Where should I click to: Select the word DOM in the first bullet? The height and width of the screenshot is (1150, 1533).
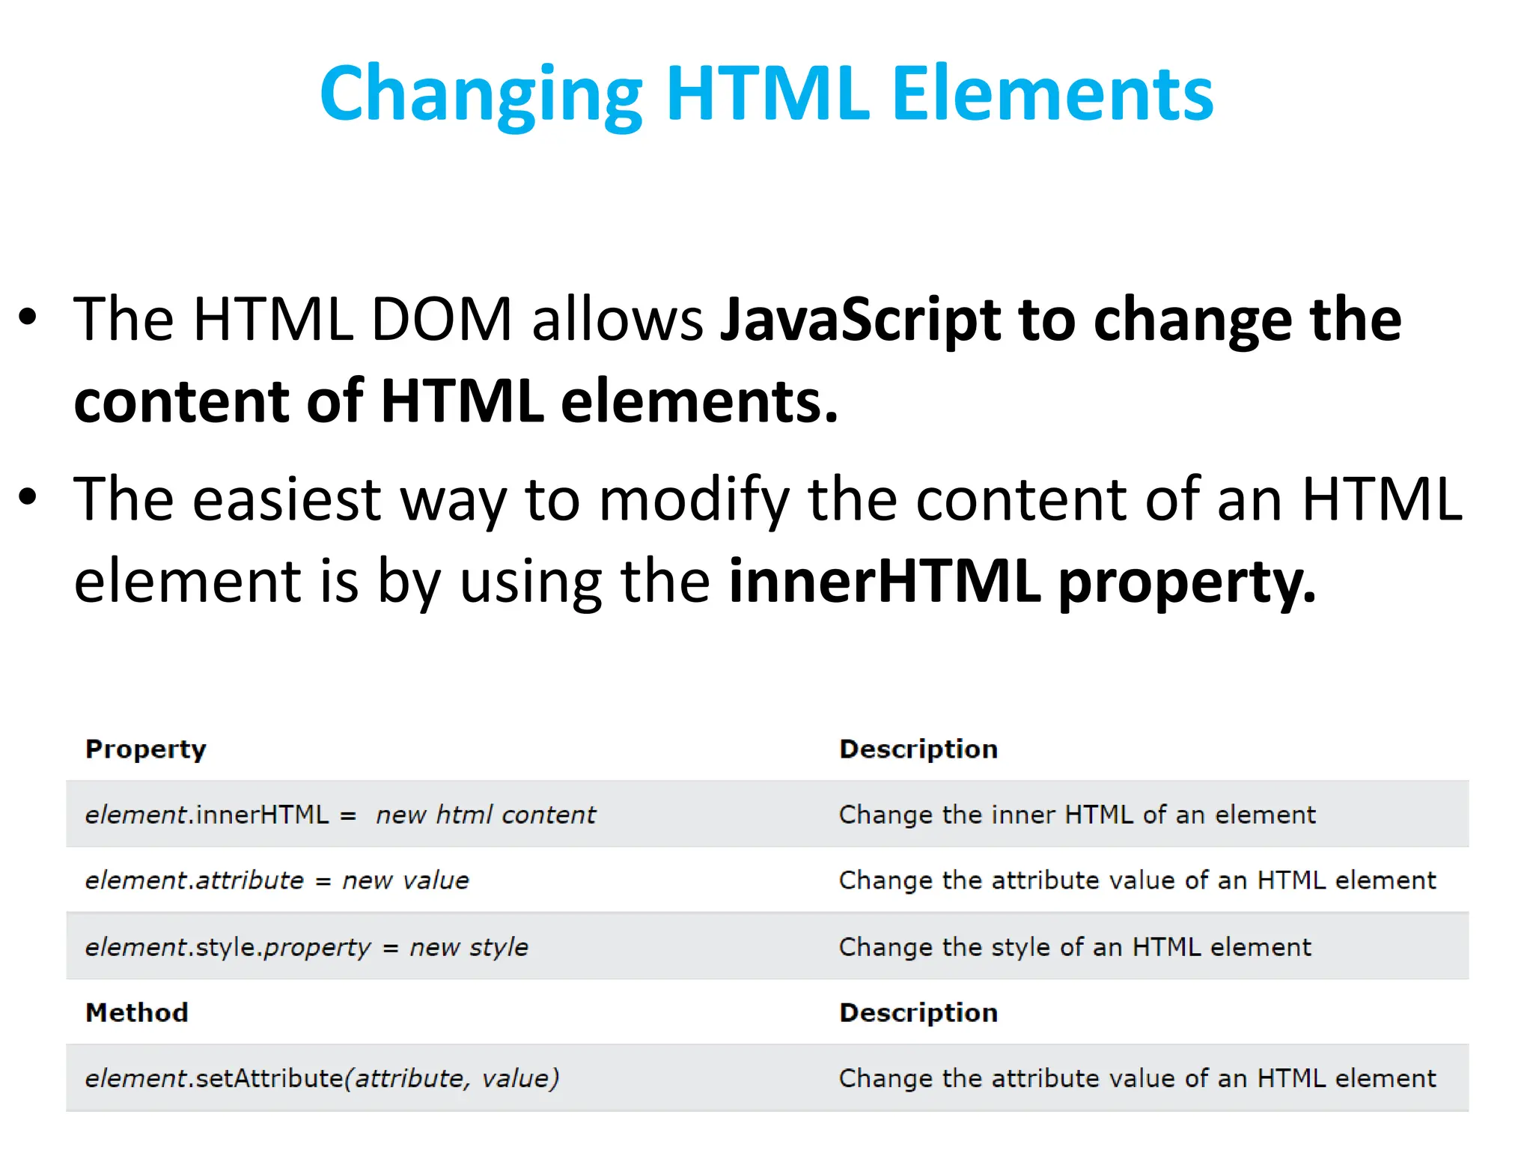coord(442,320)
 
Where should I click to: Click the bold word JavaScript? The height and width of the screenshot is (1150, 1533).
coord(859,320)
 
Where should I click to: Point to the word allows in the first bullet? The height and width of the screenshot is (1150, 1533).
coord(618,320)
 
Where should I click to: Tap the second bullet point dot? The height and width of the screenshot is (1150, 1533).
coord(28,497)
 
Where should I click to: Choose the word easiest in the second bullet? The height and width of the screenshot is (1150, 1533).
coord(287,499)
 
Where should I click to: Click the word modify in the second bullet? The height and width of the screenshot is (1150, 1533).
coord(694,499)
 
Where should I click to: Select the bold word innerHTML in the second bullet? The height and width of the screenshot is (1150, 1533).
coord(885,581)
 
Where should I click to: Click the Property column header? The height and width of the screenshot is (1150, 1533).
coord(146,749)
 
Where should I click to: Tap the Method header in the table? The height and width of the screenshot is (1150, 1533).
coord(137,1013)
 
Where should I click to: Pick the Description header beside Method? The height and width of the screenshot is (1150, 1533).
coord(918,1013)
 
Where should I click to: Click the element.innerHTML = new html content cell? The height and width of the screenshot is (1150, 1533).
coord(341,815)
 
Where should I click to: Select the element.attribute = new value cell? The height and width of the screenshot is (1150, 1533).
coord(277,880)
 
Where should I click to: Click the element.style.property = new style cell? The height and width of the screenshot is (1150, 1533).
coord(307,947)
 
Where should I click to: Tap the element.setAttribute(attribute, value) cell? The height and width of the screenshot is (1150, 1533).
coord(322,1079)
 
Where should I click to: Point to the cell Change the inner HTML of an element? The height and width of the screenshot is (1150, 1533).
coord(1077,815)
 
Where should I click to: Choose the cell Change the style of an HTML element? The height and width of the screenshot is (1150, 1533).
coord(1075,947)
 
